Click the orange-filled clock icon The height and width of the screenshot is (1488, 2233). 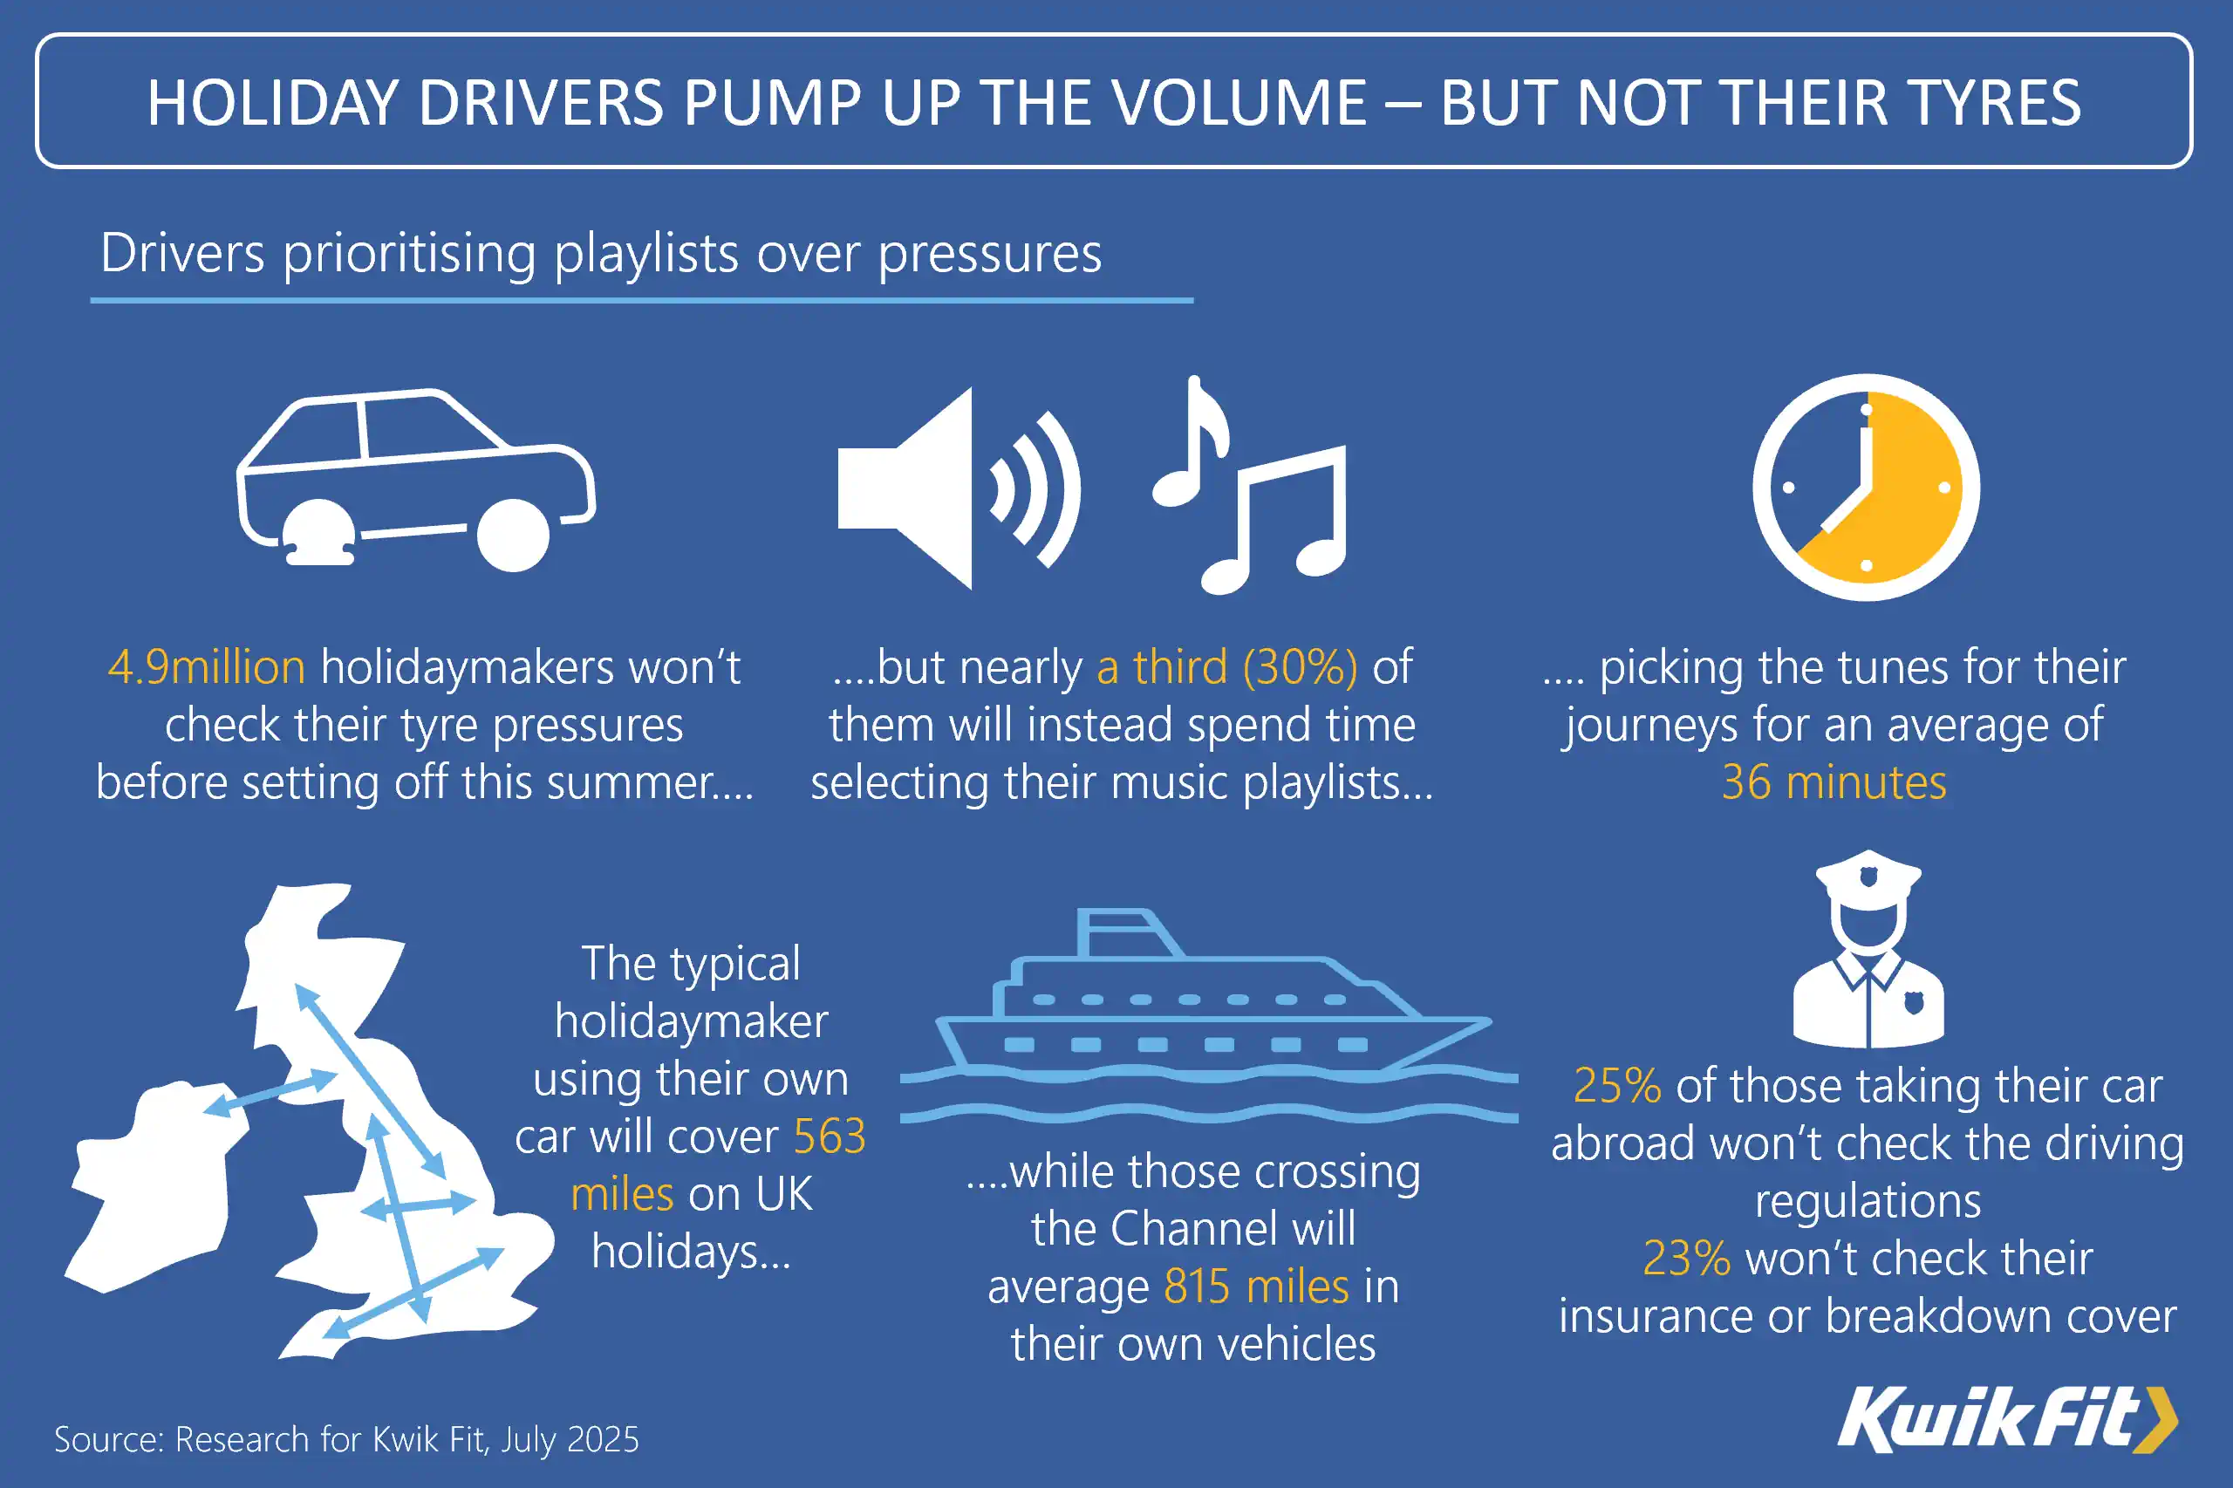pyautogui.click(x=1866, y=487)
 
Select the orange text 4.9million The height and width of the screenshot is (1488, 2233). pyautogui.click(x=206, y=667)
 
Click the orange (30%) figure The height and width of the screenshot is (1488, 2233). pyautogui.click(x=1301, y=667)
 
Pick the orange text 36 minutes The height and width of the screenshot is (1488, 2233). pyautogui.click(x=1834, y=783)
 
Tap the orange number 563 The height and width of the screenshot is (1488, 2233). pyautogui.click(x=830, y=1136)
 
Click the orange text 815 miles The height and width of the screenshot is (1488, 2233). pyautogui.click(x=1255, y=1287)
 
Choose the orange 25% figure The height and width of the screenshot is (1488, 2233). pyautogui.click(x=1617, y=1086)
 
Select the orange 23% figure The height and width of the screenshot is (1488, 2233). pyautogui.click(x=1686, y=1259)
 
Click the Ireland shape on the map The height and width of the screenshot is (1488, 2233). pyautogui.click(x=157, y=1186)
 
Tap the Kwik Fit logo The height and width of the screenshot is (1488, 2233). pyautogui.click(x=2006, y=1420)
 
